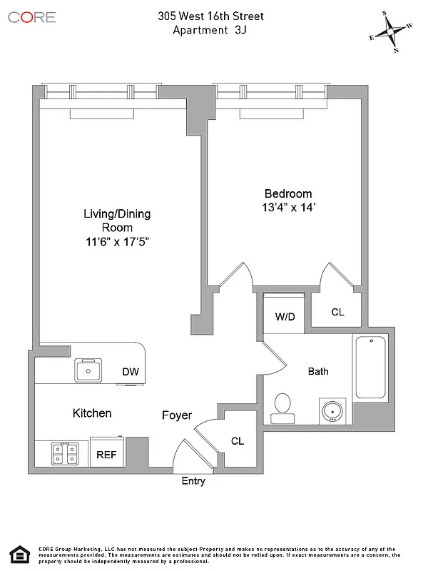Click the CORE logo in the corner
click(x=31, y=16)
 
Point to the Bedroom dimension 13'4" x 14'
click(x=289, y=208)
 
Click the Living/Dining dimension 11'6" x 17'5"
click(x=117, y=241)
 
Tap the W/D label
click(x=285, y=315)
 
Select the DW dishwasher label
click(x=131, y=371)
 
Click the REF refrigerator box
click(x=106, y=454)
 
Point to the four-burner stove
click(x=65, y=454)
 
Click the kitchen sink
click(x=89, y=370)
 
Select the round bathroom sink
click(x=333, y=412)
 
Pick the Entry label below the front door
click(x=193, y=481)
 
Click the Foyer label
click(x=177, y=415)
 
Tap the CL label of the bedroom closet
click(x=338, y=312)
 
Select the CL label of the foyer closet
click(x=238, y=441)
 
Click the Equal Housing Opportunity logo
click(x=19, y=555)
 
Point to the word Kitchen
click(x=92, y=413)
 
